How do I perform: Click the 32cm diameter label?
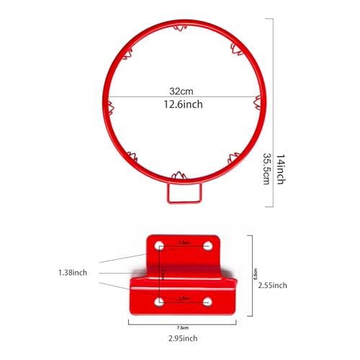click(176, 92)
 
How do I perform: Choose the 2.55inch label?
click(272, 285)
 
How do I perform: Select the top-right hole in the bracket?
click(208, 246)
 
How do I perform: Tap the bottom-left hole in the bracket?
click(158, 302)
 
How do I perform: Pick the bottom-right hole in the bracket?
click(208, 302)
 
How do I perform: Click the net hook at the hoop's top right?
click(235, 48)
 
